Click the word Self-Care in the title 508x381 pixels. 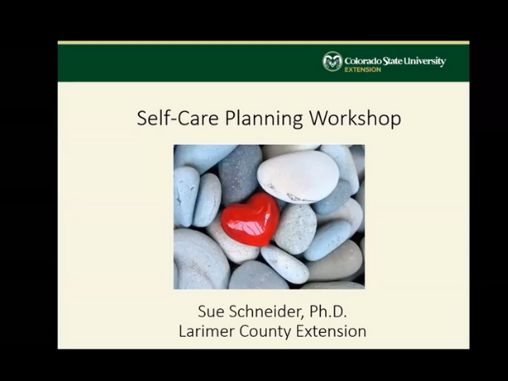[178, 118]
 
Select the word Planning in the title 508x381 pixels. [263, 119]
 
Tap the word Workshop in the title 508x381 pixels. [355, 118]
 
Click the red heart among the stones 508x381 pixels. [250, 219]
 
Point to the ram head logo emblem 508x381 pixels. [333, 61]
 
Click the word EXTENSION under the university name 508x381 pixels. [362, 69]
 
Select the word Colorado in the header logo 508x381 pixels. [363, 61]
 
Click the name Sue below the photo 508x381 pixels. [211, 312]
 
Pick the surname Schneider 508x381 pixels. [267, 312]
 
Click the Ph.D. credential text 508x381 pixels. [329, 312]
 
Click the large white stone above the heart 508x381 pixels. [298, 177]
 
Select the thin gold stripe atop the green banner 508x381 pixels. [263, 43]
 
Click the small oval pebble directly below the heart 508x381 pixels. [284, 264]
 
